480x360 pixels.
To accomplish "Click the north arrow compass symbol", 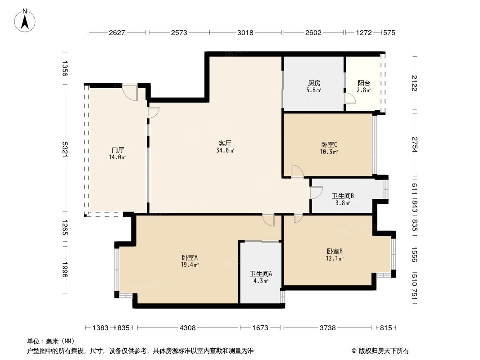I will [26, 21].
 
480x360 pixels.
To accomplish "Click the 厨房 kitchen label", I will [314, 83].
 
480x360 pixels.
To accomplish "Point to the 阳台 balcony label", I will [364, 83].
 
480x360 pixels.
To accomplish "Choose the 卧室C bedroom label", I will [329, 145].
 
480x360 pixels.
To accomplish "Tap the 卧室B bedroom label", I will [335, 252].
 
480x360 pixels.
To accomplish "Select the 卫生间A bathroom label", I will [261, 274].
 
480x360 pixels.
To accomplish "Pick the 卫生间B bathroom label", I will [343, 196].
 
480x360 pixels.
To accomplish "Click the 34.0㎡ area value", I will [225, 150].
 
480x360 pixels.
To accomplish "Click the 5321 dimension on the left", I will [65, 149].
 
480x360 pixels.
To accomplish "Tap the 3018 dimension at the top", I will [245, 33].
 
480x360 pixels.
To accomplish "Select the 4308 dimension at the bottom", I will [188, 328].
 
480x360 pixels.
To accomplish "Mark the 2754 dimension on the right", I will [415, 144].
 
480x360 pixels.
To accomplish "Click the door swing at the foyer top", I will [130, 92].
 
